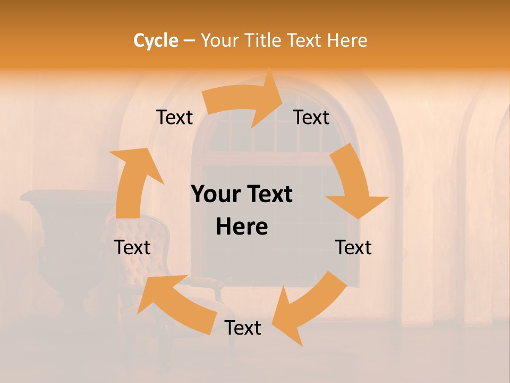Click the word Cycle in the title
pos(156,40)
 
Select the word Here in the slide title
pos(347,40)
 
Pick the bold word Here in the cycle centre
pos(242,227)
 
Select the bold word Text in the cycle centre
pos(269,195)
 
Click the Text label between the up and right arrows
pos(174,117)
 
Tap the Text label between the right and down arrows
pos(311,117)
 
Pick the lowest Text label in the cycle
pos(243,328)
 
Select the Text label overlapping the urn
pos(132,247)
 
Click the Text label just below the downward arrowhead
pos(353,247)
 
